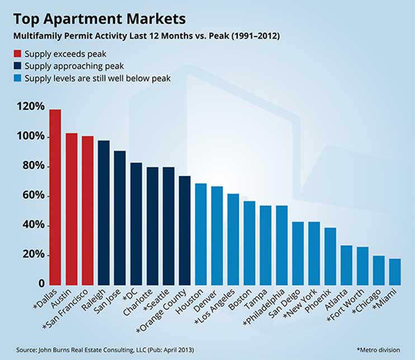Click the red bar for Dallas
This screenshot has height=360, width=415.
click(x=55, y=197)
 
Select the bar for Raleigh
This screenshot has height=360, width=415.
click(x=103, y=212)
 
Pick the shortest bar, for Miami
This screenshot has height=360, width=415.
click(x=395, y=271)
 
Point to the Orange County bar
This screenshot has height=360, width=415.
click(x=185, y=230)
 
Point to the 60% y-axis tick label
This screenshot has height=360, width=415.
click(x=31, y=196)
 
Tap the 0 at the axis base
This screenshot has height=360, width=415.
click(x=41, y=284)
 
